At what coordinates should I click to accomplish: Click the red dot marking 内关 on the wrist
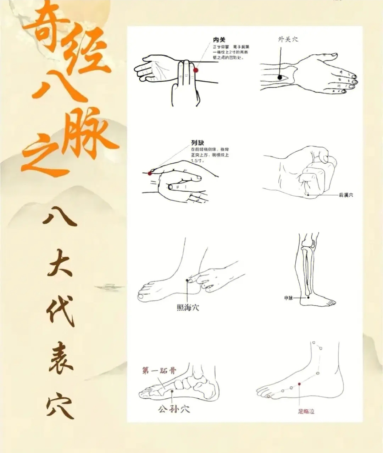coord(195,70)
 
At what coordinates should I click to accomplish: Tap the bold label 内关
coord(219,40)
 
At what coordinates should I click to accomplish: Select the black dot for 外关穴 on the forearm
coord(280,77)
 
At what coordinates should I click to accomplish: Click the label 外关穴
coord(288,39)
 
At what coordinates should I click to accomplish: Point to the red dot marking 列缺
coord(150,173)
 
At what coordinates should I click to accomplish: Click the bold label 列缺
coord(197,143)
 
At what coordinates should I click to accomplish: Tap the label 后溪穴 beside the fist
coord(346,195)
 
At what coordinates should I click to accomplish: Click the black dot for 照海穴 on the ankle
coord(187,280)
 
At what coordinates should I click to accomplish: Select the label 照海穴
coord(188,307)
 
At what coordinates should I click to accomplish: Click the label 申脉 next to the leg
coord(288,298)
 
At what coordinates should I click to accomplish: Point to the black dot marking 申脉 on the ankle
coord(308,298)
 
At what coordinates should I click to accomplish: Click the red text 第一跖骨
coord(159,371)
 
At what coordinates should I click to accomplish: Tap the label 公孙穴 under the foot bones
coord(174,409)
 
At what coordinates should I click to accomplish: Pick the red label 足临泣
coord(306,411)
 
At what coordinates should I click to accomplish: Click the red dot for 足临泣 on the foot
coord(299,384)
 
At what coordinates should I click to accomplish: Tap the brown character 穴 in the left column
coord(60,406)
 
